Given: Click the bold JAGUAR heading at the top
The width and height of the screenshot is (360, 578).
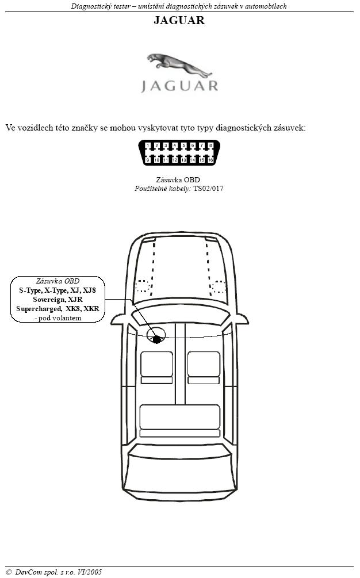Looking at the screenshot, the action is [x=179, y=20].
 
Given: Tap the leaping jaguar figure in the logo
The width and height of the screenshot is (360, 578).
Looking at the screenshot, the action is [x=179, y=65].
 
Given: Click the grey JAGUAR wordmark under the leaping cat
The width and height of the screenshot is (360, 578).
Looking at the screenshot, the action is [x=180, y=86].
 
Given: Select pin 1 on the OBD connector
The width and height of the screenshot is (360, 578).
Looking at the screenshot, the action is [x=148, y=146].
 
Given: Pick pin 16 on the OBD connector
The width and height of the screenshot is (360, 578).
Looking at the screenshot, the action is [x=211, y=160].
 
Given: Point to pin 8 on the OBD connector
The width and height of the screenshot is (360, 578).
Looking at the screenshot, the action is [x=210, y=146].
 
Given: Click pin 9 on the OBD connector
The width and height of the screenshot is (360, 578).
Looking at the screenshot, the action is [x=148, y=160].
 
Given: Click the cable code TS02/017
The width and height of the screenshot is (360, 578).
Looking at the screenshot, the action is [x=208, y=189].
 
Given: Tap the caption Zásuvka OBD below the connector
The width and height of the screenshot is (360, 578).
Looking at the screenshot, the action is [x=178, y=180].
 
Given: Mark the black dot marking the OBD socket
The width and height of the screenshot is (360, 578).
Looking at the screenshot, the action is [x=157, y=339].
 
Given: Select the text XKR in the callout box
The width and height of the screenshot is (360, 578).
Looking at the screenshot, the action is [x=91, y=308].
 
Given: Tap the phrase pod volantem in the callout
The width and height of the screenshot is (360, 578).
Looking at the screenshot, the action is [x=60, y=317].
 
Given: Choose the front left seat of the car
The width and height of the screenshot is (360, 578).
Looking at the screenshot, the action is [x=156, y=368].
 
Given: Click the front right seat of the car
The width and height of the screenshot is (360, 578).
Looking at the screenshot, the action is [x=204, y=368].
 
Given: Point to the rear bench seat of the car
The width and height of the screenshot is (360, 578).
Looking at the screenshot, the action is [x=180, y=420].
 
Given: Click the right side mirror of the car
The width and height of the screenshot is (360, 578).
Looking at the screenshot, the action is [x=242, y=319].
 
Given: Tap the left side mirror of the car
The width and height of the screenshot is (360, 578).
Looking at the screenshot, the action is [x=118, y=319].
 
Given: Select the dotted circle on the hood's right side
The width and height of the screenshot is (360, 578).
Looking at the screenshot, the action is [x=219, y=286].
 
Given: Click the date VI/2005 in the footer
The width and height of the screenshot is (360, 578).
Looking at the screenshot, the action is [x=90, y=572].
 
